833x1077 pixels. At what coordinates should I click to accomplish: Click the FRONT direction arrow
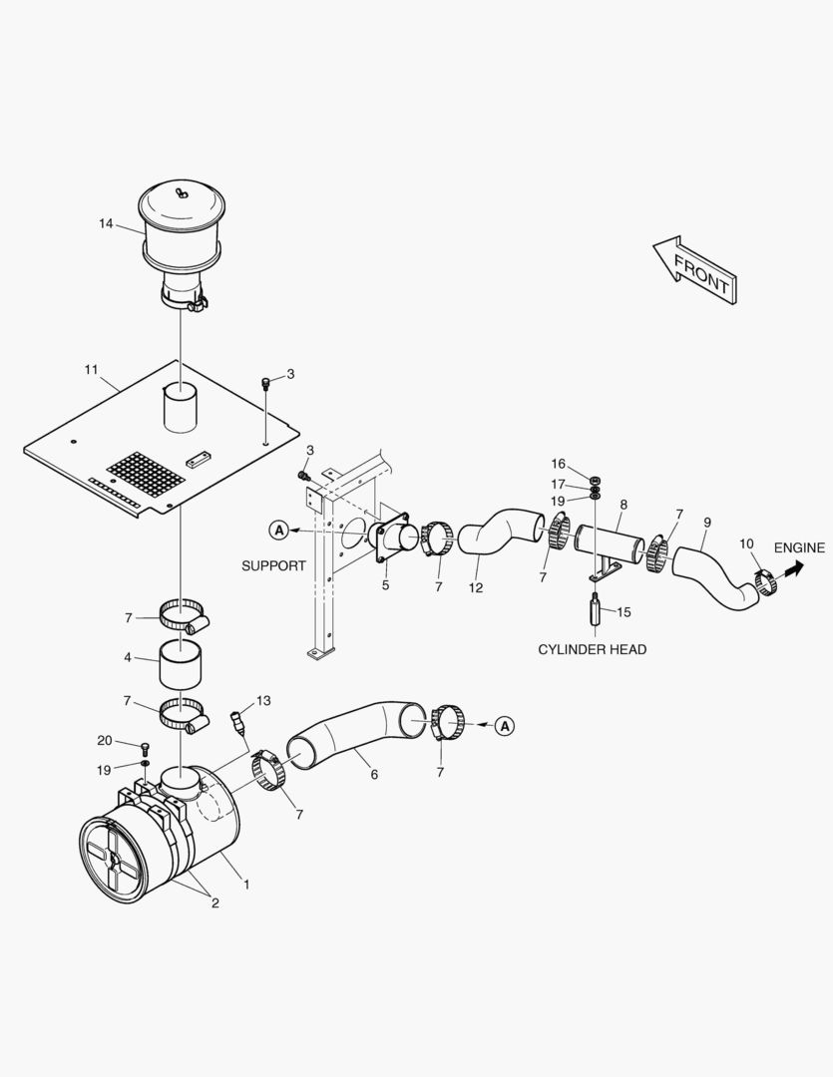(695, 270)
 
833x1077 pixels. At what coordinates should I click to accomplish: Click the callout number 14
(105, 223)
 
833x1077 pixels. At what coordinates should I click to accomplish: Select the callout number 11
(92, 370)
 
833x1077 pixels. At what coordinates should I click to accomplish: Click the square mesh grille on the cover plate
(146, 476)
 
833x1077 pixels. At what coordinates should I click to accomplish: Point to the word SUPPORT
(273, 565)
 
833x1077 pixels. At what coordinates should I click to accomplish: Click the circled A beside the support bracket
(279, 530)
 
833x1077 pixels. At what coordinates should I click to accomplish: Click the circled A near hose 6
(505, 725)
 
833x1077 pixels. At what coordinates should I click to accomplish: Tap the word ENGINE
(799, 547)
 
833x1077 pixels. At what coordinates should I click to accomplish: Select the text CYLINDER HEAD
(592, 649)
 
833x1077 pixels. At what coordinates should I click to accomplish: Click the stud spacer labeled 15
(595, 611)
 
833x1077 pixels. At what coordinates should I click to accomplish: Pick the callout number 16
(558, 465)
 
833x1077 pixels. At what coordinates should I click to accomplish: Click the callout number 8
(624, 505)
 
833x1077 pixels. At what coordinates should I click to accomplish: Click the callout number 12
(476, 587)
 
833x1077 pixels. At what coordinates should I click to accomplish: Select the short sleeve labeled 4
(181, 664)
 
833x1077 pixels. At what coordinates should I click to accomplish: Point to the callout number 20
(105, 740)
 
